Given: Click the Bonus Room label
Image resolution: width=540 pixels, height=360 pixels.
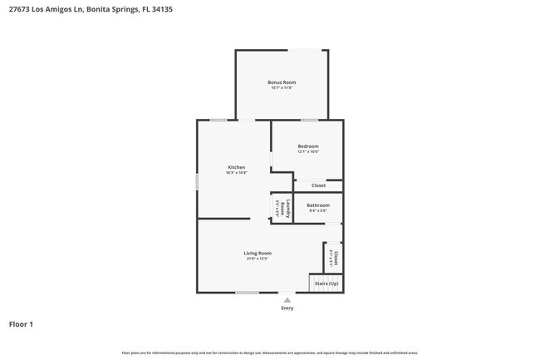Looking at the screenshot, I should (282, 82).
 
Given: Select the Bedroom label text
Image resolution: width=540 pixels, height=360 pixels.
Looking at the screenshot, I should (308, 146).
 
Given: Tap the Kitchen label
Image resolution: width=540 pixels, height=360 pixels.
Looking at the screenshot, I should (237, 167).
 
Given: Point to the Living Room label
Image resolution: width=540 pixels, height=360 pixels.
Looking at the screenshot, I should (257, 253).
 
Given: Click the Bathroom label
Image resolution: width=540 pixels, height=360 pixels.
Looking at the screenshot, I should (318, 205).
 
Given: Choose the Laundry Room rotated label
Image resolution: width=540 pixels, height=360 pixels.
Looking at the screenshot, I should (283, 208).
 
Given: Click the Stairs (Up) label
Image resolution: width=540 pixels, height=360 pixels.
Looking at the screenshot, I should (326, 284).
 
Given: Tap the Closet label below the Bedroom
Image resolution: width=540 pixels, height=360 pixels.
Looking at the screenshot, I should (318, 185).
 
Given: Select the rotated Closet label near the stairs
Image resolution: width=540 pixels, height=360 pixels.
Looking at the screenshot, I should (336, 257).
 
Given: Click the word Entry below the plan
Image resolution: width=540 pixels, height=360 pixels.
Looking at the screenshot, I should (287, 308).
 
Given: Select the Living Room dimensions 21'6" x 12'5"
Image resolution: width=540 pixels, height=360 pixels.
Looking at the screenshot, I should (257, 259).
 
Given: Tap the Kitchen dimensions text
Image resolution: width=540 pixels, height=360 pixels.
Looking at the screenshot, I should (237, 173).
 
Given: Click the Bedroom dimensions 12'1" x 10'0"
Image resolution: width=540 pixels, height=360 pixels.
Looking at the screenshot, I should (308, 152).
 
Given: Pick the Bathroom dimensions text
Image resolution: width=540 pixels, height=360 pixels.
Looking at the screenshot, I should (318, 210).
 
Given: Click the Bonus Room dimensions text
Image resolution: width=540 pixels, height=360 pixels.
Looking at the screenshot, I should (282, 88).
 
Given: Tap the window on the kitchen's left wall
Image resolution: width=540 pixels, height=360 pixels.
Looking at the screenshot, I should (197, 181).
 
